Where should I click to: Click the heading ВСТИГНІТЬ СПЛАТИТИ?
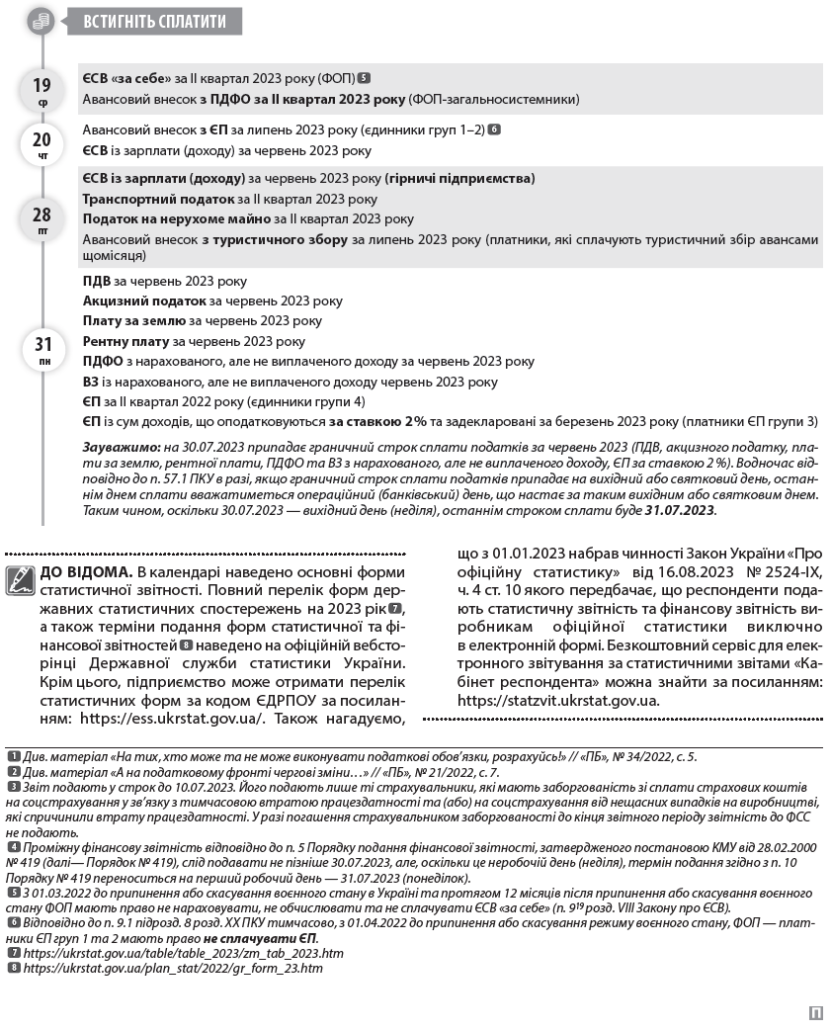(155, 21)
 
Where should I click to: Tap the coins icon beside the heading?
(41, 20)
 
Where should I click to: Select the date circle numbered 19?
(42, 90)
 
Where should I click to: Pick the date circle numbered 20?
(42, 143)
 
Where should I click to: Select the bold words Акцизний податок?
(144, 301)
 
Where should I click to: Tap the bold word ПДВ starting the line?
(97, 281)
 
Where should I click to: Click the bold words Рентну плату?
(126, 341)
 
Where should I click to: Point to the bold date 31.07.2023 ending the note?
(679, 510)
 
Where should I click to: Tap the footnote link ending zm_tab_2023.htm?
(184, 953)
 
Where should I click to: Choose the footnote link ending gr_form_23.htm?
(173, 968)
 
